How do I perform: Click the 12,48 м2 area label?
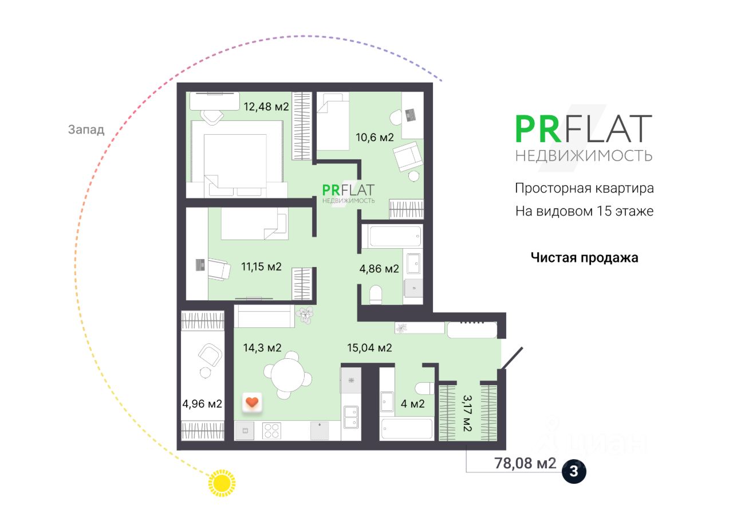[266, 107]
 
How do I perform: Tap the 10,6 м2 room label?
[375, 138]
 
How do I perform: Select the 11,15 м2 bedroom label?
[261, 267]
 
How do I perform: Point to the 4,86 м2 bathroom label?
[379, 269]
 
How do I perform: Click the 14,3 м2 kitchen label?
[262, 347]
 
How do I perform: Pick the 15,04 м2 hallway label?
[369, 347]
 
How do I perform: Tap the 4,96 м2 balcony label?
[202, 404]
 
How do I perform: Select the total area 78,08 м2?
[525, 463]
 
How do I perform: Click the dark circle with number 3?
[574, 472]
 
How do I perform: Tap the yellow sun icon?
[222, 483]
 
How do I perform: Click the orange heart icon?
[252, 402]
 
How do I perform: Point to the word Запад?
[86, 130]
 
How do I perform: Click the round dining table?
[287, 375]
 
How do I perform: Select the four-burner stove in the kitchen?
[271, 431]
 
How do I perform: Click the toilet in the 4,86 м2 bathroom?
[376, 295]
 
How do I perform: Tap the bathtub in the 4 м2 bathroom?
[407, 429]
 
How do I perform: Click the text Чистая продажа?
[584, 258]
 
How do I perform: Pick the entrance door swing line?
[511, 358]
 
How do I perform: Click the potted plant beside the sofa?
[305, 315]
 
